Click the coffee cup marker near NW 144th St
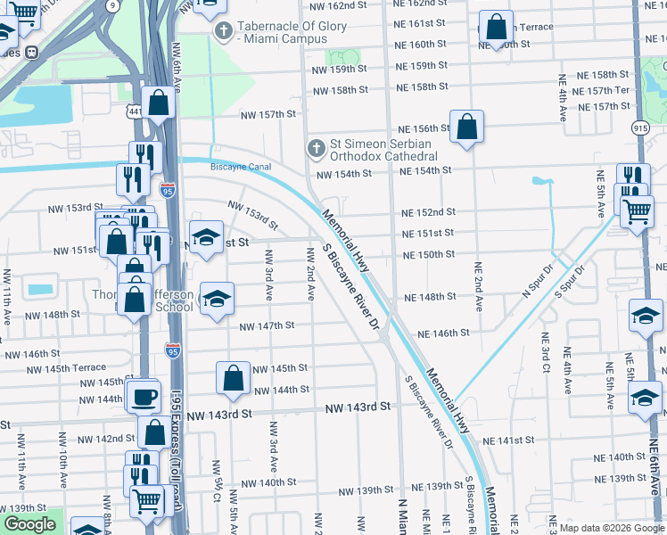143,396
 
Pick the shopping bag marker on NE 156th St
466,127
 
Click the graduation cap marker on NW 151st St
206,238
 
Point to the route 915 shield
640,128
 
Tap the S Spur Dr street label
570,280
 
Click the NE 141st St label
509,440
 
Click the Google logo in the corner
29,524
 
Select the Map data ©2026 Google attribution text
611,528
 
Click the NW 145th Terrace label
66,368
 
